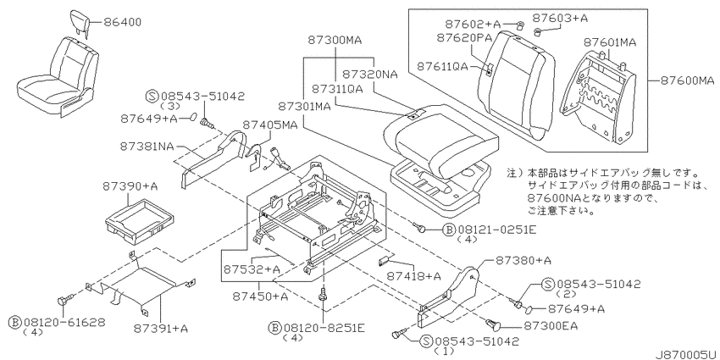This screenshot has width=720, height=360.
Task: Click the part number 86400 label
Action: tap(122, 21)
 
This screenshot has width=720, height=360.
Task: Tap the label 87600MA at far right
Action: tap(688, 80)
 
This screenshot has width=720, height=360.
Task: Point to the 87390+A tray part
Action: tap(140, 219)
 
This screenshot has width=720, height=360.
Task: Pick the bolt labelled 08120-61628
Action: tap(64, 301)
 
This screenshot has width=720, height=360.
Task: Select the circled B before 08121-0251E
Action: tap(448, 230)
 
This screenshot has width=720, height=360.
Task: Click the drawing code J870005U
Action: tap(686, 354)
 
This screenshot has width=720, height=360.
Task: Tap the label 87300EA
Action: tap(551, 326)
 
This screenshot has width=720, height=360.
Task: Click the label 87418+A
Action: tap(413, 276)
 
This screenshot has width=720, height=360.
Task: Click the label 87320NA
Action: tap(370, 74)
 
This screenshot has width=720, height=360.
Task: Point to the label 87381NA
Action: tap(147, 146)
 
